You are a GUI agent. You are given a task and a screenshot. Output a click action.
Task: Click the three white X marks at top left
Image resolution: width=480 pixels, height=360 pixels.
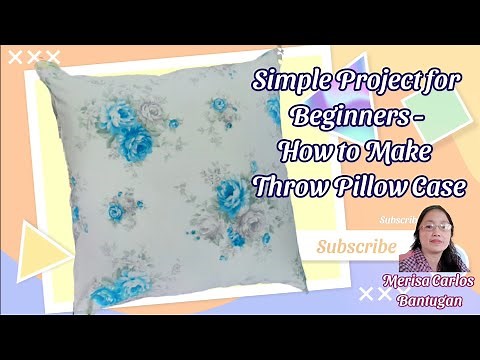[x=32, y=58]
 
